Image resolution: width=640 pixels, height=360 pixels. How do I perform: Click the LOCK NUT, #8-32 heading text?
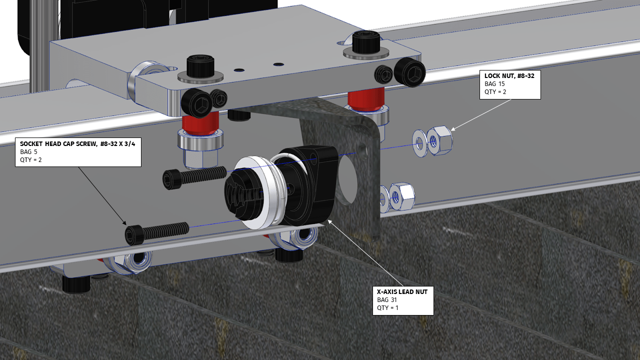point(509,76)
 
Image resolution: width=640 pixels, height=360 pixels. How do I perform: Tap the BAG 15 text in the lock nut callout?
point(494,84)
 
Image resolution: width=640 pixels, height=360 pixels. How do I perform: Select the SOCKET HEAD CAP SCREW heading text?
point(77,143)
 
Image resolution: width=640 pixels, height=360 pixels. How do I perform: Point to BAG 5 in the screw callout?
point(29,151)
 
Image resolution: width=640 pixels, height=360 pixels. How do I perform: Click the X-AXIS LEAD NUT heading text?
point(402,291)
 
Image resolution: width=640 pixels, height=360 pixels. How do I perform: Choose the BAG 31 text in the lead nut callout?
point(388,299)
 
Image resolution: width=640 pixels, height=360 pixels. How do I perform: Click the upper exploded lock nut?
point(440,140)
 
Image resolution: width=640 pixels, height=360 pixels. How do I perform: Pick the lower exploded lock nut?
point(401,197)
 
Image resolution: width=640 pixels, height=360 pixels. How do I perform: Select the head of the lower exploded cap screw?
point(134,235)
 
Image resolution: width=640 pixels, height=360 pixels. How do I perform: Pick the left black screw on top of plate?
point(200,66)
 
